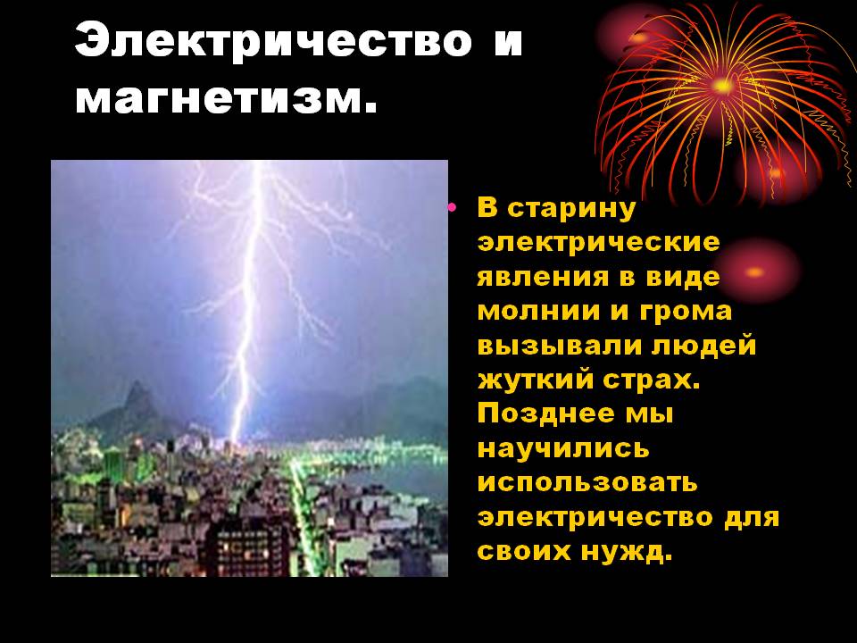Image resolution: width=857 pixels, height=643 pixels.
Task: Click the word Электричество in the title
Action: [273, 40]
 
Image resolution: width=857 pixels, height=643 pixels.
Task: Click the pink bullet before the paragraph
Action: [452, 206]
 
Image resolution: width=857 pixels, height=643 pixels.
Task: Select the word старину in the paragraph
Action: [571, 210]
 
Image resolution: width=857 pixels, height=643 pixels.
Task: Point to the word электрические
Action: [598, 242]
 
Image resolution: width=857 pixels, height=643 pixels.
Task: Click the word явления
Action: [543, 277]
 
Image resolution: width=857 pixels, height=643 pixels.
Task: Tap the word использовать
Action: [587, 483]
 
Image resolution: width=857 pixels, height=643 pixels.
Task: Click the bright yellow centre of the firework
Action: [722, 86]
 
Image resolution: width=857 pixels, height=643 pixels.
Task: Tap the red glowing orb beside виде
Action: [754, 271]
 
